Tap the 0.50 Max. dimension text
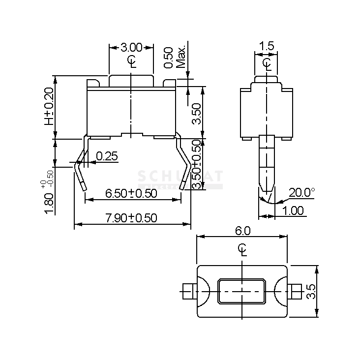(x=174, y=58)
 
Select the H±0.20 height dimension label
(x=49, y=106)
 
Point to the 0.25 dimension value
(x=107, y=156)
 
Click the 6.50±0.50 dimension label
(x=131, y=193)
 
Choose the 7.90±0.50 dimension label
(x=131, y=218)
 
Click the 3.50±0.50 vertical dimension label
(x=196, y=164)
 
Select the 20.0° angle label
(x=301, y=192)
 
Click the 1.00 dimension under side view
(x=293, y=210)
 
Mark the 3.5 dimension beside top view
(x=310, y=291)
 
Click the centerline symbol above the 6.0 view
(x=242, y=249)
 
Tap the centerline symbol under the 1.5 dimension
(x=267, y=63)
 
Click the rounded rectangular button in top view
(x=242, y=291)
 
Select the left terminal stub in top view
(x=187, y=291)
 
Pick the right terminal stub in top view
(x=296, y=291)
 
